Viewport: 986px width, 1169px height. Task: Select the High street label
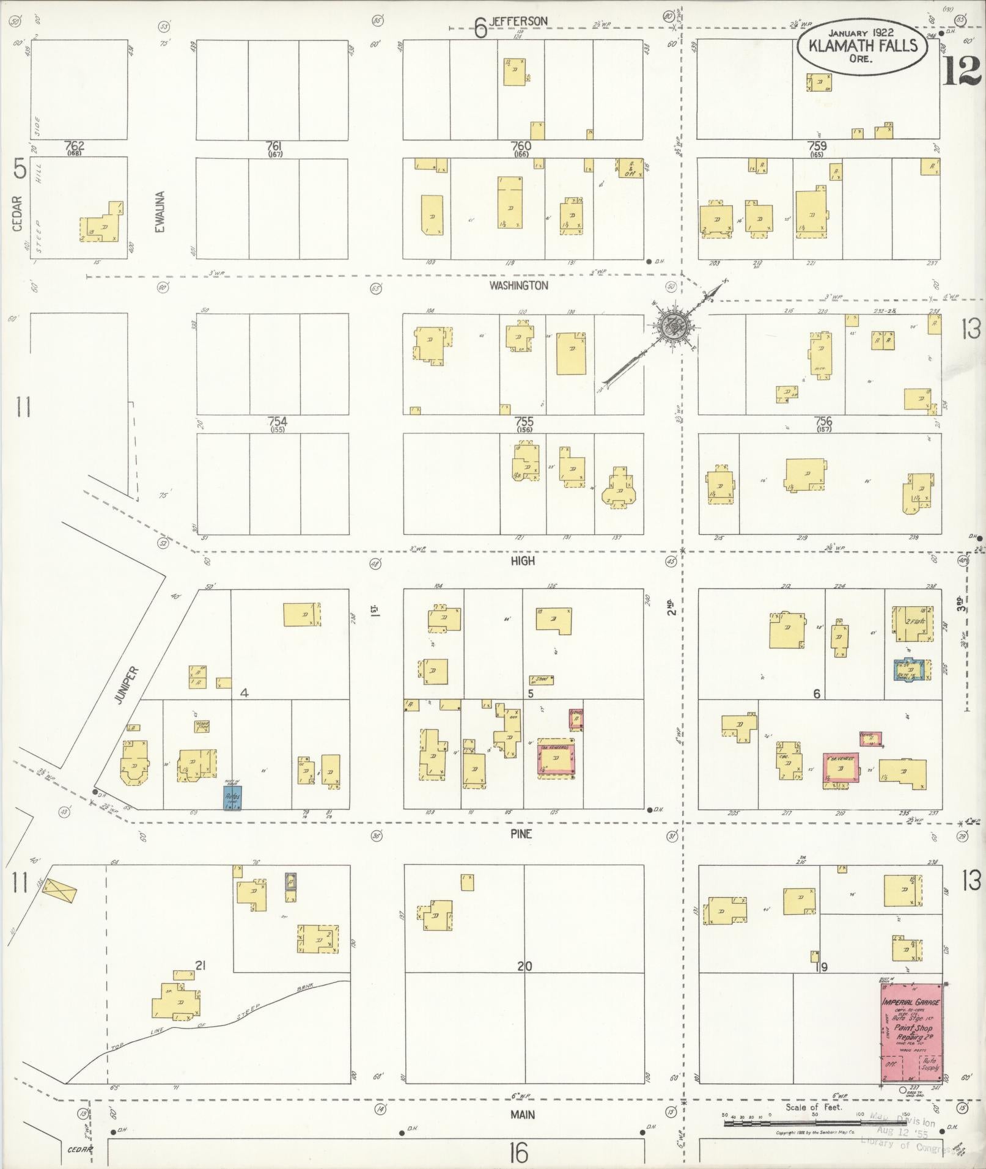click(523, 560)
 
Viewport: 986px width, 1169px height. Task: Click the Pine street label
click(521, 834)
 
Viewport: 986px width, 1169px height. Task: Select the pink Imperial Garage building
click(911, 1032)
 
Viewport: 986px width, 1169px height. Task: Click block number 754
click(277, 422)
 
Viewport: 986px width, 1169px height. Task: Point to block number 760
click(521, 146)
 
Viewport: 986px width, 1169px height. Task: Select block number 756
click(823, 421)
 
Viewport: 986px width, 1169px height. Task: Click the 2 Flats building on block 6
click(914, 624)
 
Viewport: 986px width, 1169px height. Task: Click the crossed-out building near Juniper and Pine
click(60, 892)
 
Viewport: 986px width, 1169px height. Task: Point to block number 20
click(524, 966)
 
